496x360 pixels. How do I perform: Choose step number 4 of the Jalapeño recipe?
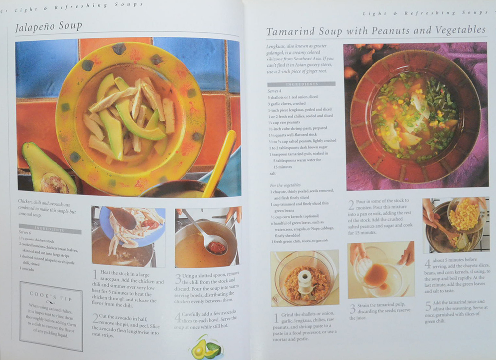click(x=178, y=317)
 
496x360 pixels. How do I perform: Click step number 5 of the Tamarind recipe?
click(x=427, y=306)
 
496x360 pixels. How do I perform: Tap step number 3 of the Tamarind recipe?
click(x=352, y=309)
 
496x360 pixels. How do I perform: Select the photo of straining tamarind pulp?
click(x=380, y=270)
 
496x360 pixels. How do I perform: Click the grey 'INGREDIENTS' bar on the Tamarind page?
click(x=301, y=84)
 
